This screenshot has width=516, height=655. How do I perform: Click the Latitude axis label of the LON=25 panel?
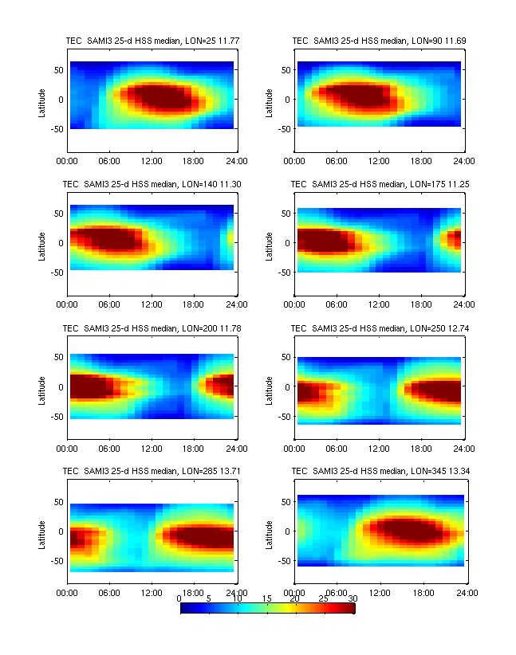[x=41, y=100]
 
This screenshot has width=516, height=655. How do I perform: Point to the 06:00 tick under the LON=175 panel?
[x=337, y=304]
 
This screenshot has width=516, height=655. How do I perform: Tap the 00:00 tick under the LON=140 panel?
[x=67, y=304]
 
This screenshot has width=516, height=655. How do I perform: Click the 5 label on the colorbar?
[x=209, y=598]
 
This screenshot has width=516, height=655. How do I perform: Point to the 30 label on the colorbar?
[x=353, y=598]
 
